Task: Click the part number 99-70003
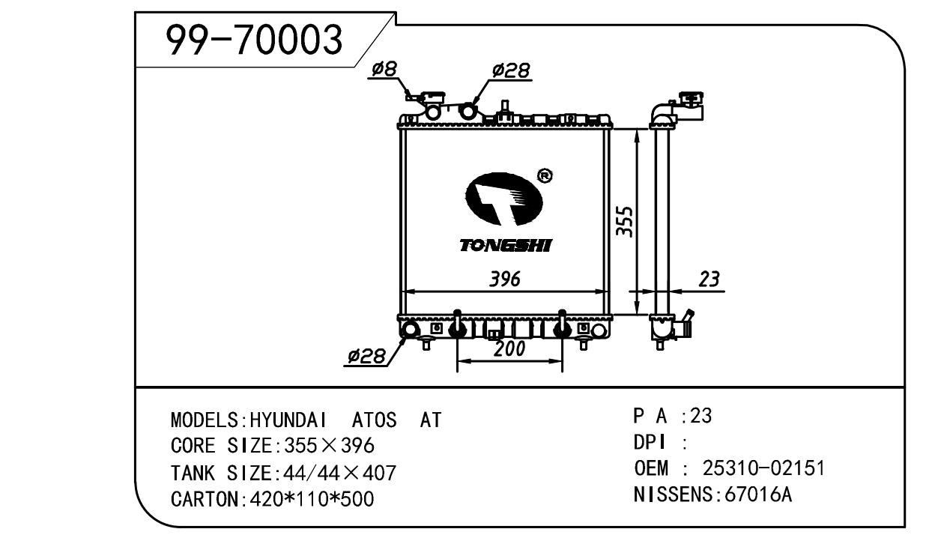(254, 40)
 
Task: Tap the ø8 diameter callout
(384, 70)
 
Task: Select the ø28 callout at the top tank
(511, 70)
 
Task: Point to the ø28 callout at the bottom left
(366, 356)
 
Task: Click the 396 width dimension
(504, 279)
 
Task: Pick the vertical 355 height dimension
(626, 222)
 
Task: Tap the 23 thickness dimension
(708, 279)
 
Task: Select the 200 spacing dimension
(509, 349)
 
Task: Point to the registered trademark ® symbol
(545, 176)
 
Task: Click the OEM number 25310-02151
(763, 469)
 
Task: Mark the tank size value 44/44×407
(336, 473)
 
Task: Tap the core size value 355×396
(326, 447)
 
